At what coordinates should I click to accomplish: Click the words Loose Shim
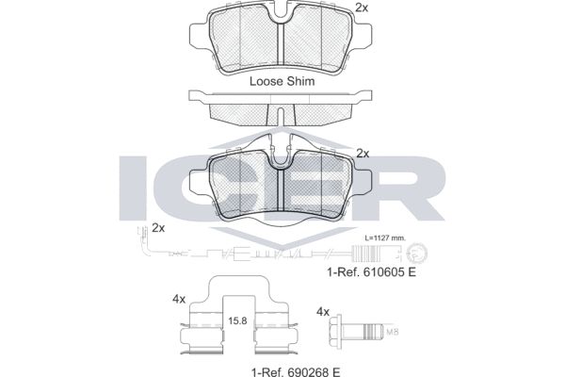point(282,81)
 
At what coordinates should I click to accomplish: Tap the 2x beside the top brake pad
point(362,8)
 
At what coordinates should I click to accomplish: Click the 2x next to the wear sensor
point(158,228)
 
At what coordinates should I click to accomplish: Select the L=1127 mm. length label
point(385,238)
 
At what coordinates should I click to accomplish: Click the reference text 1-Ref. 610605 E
point(372,272)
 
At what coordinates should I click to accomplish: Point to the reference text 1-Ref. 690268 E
point(296,371)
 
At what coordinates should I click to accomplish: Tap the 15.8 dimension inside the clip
point(238,320)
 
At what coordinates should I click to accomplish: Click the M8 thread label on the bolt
point(392,333)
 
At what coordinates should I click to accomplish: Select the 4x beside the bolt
point(323,312)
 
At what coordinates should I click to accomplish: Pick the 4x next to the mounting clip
point(179,299)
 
